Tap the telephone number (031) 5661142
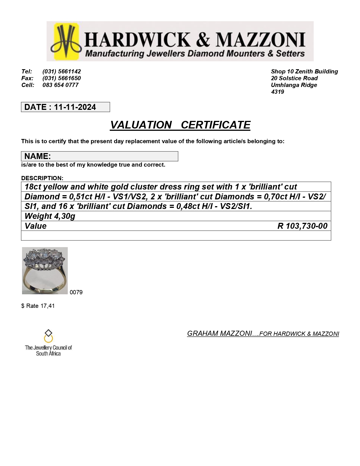tap(62, 71)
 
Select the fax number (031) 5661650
tap(62, 78)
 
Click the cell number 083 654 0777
tap(60, 85)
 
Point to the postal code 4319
tap(277, 92)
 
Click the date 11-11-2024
tap(75, 107)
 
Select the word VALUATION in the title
tap(141, 125)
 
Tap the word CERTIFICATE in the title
tap(215, 125)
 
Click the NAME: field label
tap(38, 156)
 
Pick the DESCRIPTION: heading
tap(42, 178)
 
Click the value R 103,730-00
tap(302, 226)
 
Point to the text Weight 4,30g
tap(50, 216)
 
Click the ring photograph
tap(45, 271)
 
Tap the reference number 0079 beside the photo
tap(76, 292)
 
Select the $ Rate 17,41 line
tap(38, 306)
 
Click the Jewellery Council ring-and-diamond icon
tap(49, 336)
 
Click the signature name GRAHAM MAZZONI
tap(219, 334)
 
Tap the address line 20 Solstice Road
tap(294, 78)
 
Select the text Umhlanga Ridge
tap(294, 85)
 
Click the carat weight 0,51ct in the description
tap(81, 197)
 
